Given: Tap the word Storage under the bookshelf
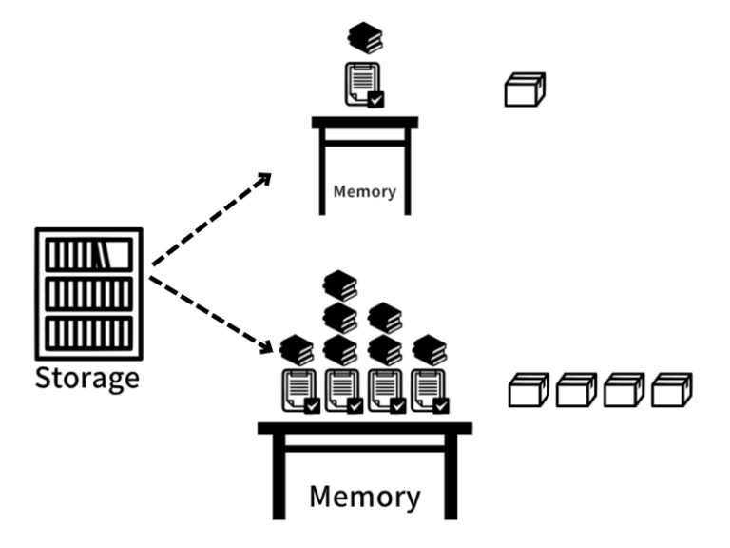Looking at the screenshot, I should (87, 378).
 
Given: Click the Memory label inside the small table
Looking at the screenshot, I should (364, 191).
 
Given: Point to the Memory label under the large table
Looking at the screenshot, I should (364, 497).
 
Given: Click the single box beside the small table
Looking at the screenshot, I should (524, 90).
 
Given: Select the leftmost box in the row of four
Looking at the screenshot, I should (528, 390).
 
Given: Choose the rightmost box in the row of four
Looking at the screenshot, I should (672, 390).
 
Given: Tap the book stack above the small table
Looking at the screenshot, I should (364, 39).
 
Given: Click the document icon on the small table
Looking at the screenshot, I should (362, 83).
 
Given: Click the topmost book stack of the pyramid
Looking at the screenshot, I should (339, 284).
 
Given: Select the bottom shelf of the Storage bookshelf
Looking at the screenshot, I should (88, 334).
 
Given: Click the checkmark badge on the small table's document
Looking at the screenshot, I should (376, 99).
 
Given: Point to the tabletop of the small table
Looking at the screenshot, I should (365, 122).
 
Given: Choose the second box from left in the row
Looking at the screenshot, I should (576, 390).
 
